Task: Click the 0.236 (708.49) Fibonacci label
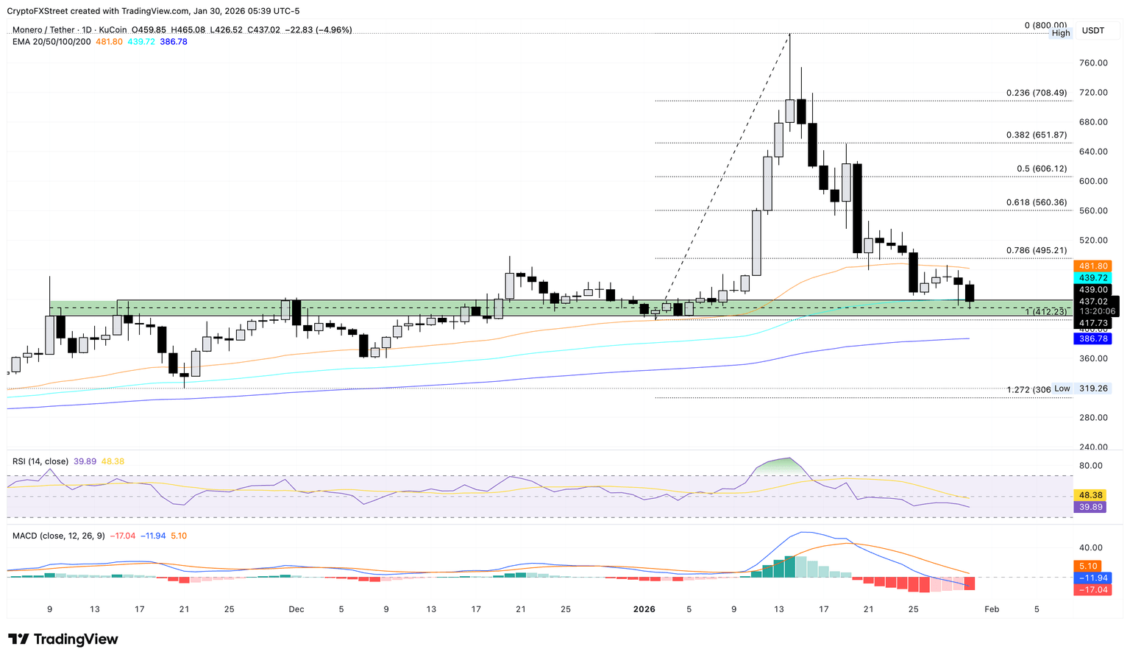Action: (x=1036, y=93)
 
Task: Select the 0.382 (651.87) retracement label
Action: (x=1036, y=135)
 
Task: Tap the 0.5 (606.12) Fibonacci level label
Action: (x=1041, y=168)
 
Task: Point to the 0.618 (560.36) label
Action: (x=1036, y=202)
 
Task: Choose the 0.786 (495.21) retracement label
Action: (x=1036, y=250)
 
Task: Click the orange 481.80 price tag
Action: (x=1092, y=266)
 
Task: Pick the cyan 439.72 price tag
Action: (x=1092, y=278)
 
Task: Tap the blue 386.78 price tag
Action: (x=1092, y=338)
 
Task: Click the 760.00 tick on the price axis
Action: (x=1093, y=63)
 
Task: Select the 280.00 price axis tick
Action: (x=1093, y=418)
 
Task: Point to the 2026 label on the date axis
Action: (x=644, y=609)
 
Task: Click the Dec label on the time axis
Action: (x=296, y=609)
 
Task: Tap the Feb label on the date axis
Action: (x=992, y=609)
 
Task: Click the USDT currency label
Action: (x=1092, y=31)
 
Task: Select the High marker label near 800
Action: (x=1061, y=33)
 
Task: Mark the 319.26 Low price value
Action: (x=1093, y=388)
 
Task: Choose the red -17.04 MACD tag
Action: (x=1092, y=590)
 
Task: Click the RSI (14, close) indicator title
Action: (x=40, y=461)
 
